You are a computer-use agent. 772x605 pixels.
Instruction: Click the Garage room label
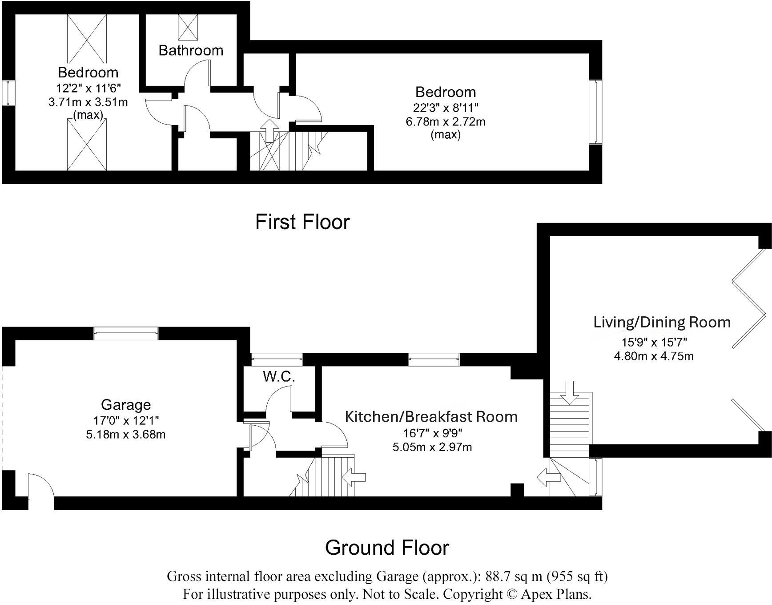coord(126,405)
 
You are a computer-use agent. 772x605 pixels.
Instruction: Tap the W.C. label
coord(279,377)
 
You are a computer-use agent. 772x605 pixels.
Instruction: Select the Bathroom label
coord(191,50)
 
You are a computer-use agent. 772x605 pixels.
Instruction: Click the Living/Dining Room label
coord(662,322)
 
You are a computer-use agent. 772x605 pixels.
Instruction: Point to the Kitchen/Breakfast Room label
coord(431,417)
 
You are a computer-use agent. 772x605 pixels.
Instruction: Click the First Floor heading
coord(302,222)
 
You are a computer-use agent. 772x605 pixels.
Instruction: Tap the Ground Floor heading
coord(387,547)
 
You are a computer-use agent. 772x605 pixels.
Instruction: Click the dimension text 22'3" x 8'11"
coord(445,107)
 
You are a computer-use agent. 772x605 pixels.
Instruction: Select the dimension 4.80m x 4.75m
coord(653,356)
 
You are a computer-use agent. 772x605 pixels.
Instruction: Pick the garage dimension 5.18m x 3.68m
coord(126,434)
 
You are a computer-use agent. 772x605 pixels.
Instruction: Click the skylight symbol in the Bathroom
coord(188,27)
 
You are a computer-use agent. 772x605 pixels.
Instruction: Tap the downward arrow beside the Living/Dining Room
coord(570,391)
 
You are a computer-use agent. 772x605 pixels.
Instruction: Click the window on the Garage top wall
coord(126,334)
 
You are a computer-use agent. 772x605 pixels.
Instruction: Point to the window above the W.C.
coord(276,359)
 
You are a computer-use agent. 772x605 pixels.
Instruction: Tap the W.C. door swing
coord(279,398)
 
